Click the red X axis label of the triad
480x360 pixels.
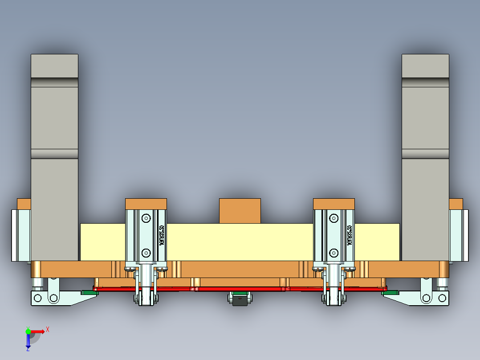48,329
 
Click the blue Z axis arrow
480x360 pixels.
28,341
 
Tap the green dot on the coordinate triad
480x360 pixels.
28,331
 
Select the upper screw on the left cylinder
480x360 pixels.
146,218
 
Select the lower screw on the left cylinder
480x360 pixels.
146,253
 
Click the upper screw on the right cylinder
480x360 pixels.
334,218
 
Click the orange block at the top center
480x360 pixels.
240,211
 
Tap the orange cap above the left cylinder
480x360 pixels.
146,204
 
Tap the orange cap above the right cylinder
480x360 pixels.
334,204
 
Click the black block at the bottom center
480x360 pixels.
240,301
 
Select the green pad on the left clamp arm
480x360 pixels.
89,293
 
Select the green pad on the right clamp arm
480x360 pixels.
391,293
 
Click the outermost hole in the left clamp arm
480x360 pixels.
38,298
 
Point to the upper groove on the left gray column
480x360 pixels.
54,82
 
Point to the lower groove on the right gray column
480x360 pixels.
425,154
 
